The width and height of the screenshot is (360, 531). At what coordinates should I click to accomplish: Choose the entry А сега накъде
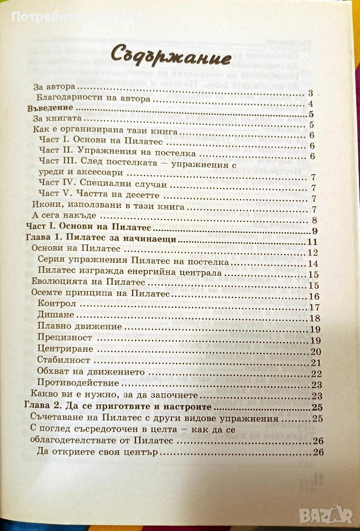[x=65, y=215]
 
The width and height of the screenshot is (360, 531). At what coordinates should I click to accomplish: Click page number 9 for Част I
[x=313, y=231]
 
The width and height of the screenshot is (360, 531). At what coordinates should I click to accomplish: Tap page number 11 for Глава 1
[x=311, y=242]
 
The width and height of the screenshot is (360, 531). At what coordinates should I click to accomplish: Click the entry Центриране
[x=65, y=351]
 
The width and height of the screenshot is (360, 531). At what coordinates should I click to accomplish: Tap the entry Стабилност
[x=65, y=362]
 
